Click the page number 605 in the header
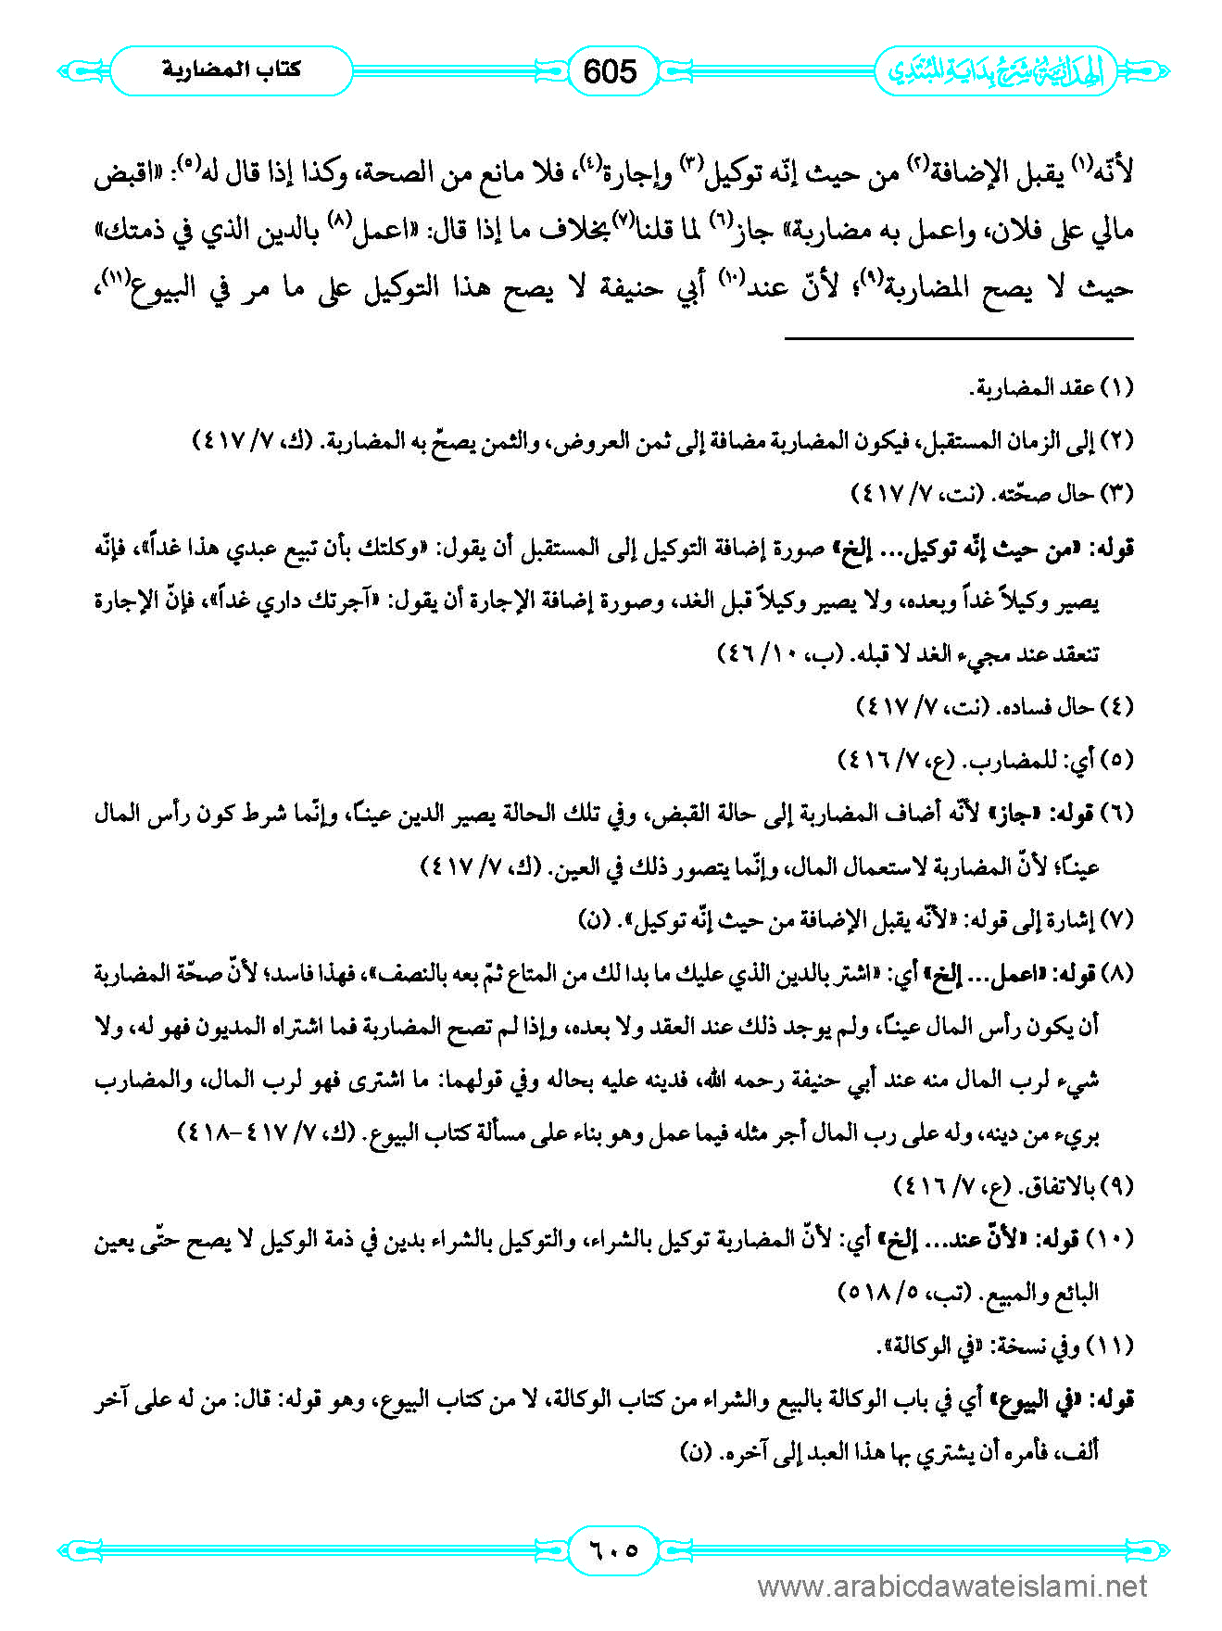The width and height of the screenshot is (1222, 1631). [611, 71]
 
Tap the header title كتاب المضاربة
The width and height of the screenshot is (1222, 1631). [232, 70]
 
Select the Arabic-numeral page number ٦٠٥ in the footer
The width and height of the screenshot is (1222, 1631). [611, 1549]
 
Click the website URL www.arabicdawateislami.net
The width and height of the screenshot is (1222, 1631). [952, 1587]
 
